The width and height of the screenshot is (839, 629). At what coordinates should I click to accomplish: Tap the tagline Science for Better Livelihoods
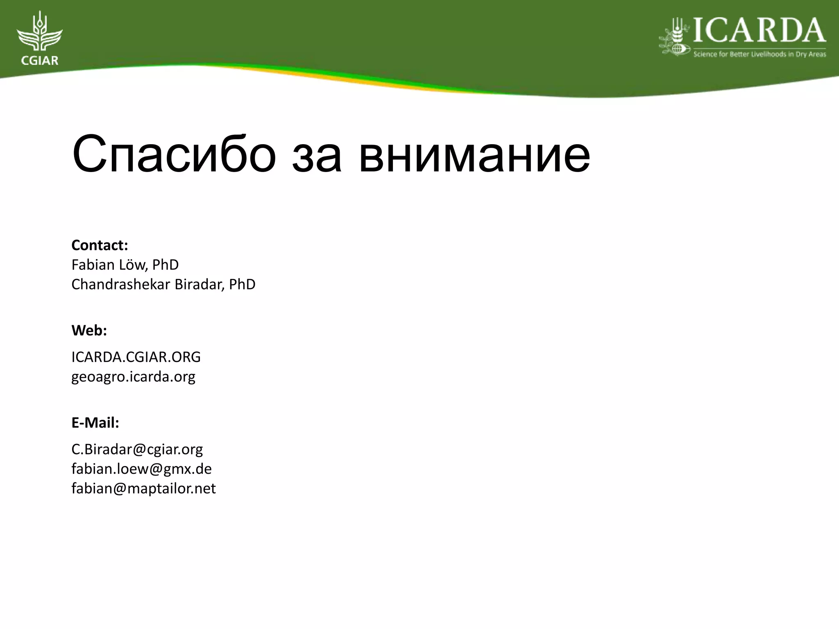point(760,54)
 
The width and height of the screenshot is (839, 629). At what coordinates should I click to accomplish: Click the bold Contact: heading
point(100,245)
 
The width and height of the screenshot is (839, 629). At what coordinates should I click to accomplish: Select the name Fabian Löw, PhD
point(125,265)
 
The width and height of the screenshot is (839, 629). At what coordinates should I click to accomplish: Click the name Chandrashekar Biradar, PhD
point(163,284)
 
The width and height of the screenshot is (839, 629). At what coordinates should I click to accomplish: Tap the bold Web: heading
point(89,330)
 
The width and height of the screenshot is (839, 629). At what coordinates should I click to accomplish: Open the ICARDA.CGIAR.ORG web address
point(136,357)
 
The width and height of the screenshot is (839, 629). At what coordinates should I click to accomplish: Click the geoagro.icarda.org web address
point(133,377)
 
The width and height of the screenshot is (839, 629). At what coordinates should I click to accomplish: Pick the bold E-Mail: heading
point(95,423)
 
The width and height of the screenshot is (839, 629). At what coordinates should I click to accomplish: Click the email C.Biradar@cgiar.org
point(137,450)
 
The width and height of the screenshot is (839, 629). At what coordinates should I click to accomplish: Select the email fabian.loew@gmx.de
point(141,469)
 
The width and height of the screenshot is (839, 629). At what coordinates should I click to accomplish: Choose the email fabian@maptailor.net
point(143,489)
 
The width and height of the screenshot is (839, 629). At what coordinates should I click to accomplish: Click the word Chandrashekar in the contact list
point(121,284)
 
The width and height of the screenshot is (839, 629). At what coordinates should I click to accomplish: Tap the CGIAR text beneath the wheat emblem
point(39,61)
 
